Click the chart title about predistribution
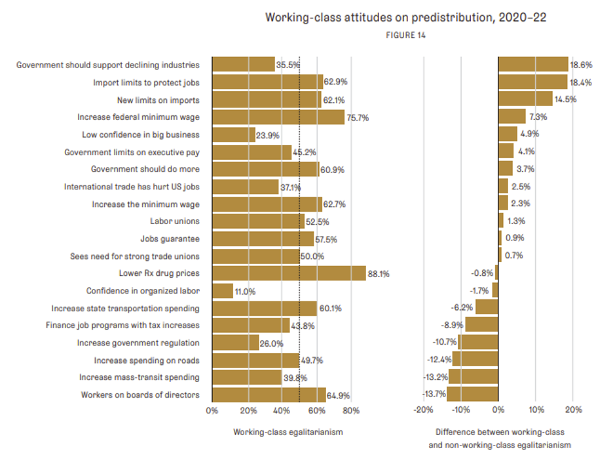(405, 18)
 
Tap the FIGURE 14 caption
(406, 35)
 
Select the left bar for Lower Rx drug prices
(289, 273)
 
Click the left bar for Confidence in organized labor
(223, 291)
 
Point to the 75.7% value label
(358, 117)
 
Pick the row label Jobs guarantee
(170, 238)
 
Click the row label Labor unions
(174, 221)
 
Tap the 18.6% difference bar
(533, 65)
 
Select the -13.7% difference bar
(472, 394)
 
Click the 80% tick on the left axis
(351, 411)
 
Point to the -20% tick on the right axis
(424, 411)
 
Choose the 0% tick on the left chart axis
(212, 411)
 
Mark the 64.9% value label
(339, 395)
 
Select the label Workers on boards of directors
(140, 395)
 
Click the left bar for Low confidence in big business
(233, 134)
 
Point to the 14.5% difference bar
(525, 100)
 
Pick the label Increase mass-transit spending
(139, 377)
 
